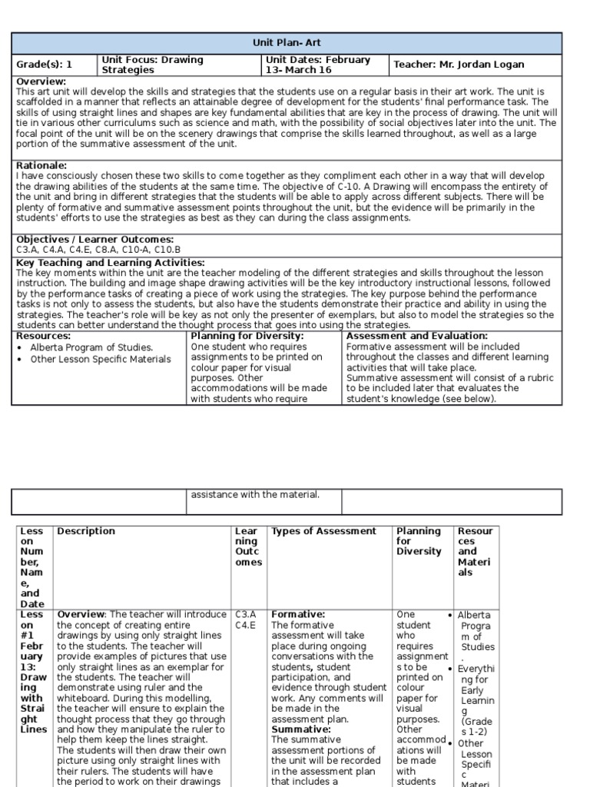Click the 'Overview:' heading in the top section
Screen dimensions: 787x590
click(41, 81)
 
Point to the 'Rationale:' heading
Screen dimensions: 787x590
click(41, 165)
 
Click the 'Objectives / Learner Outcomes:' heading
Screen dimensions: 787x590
click(94, 240)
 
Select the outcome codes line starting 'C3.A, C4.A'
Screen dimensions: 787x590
click(98, 250)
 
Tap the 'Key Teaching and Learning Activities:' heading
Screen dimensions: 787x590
click(110, 263)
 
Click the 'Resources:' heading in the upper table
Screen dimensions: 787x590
click(43, 336)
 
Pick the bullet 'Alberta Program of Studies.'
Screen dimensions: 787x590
click(91, 347)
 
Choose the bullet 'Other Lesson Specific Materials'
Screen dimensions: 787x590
click(101, 359)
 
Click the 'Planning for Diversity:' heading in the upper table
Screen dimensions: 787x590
click(247, 336)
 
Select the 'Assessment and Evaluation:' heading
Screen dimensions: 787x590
click(417, 336)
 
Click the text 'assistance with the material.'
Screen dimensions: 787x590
click(255, 494)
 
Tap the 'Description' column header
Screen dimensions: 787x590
click(86, 531)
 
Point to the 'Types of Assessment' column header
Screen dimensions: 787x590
click(323, 531)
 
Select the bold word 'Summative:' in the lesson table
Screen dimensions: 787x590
click(301, 729)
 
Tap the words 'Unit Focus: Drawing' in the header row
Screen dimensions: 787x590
click(152, 59)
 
